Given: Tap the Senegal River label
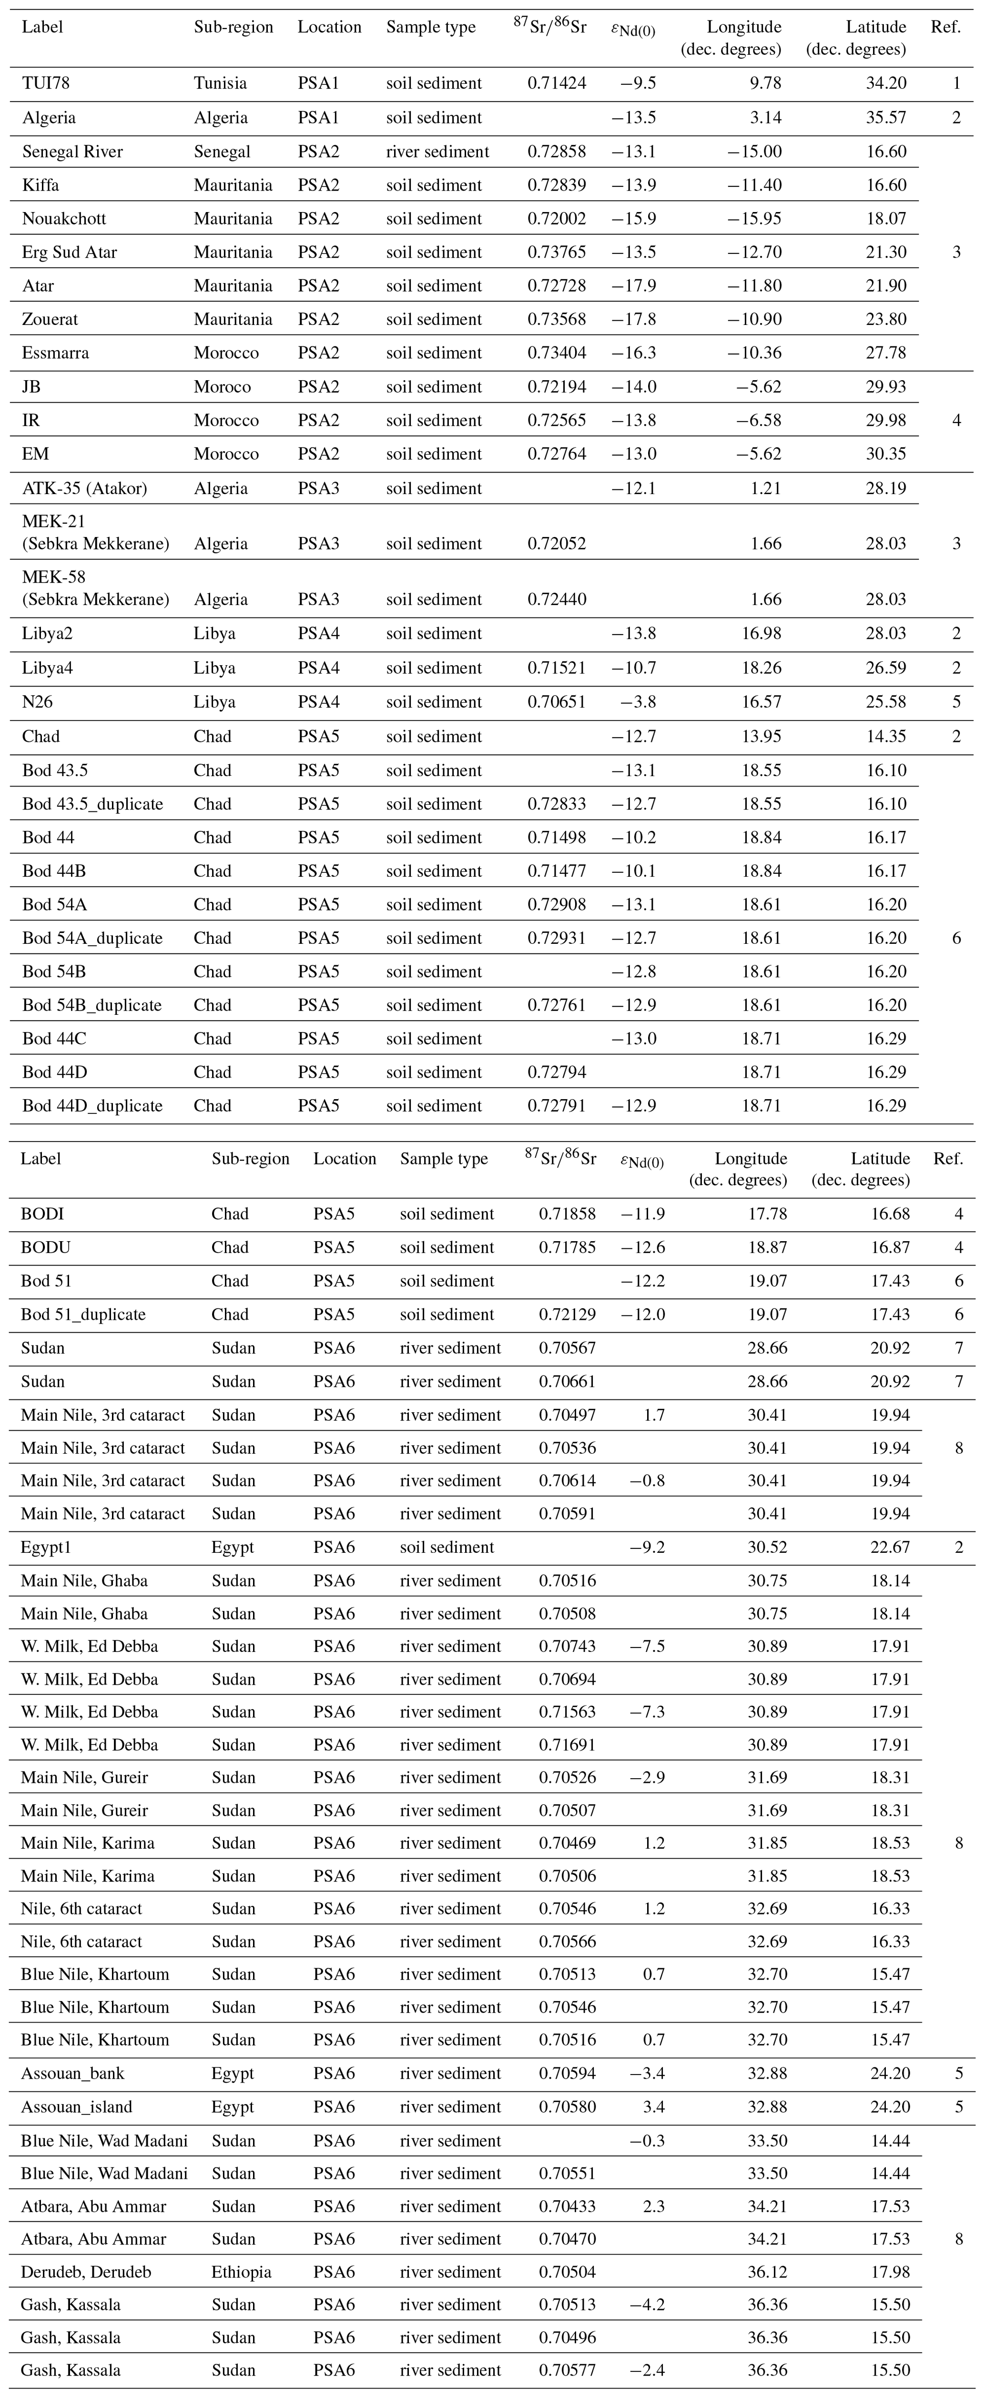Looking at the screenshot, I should click(x=72, y=152).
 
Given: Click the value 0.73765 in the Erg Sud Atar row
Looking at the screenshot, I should click(x=557, y=252).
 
